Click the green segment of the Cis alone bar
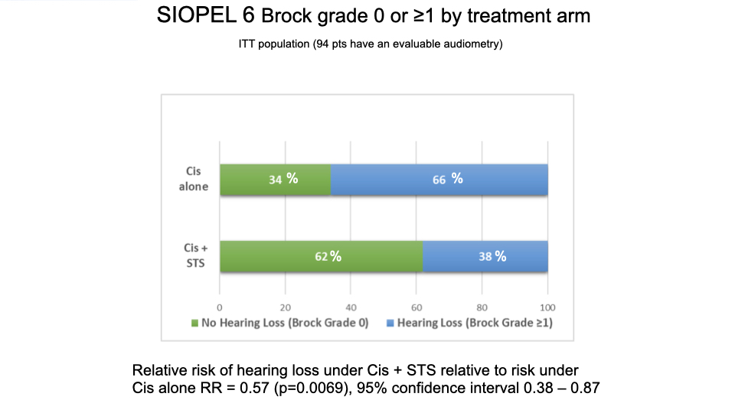276,179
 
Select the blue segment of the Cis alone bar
439,179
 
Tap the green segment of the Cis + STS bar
322,256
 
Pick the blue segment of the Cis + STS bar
485,256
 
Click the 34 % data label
283,179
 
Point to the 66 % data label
448,179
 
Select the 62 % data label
328,256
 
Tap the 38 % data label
492,256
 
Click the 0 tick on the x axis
220,307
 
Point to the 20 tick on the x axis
285,307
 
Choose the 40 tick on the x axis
351,307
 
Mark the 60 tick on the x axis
416,307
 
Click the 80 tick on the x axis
482,307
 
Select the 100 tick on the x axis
547,307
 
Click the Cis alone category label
193,179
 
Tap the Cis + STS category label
195,255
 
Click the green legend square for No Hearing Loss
194,323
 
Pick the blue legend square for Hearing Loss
390,323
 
